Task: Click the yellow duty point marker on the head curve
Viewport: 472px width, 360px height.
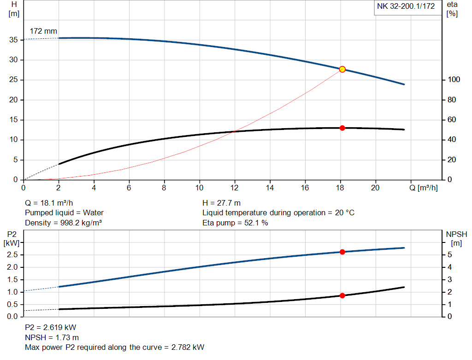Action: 342,69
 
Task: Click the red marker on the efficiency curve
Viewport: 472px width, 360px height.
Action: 342,128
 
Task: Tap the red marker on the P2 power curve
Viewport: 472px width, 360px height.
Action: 342,252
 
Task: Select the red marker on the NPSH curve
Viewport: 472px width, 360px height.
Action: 342,295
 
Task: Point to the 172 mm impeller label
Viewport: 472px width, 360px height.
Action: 43,31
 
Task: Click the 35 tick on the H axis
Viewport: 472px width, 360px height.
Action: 13,40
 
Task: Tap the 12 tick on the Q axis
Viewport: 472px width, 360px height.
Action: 235,188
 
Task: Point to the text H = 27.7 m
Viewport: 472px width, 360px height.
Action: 222,203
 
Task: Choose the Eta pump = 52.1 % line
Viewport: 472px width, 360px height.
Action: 235,223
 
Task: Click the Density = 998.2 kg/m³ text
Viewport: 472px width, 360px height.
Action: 63,223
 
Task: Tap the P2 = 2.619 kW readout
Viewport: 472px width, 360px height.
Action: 50,327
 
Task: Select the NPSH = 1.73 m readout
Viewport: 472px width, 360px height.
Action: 52,337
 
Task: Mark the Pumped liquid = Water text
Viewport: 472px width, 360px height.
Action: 64,213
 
